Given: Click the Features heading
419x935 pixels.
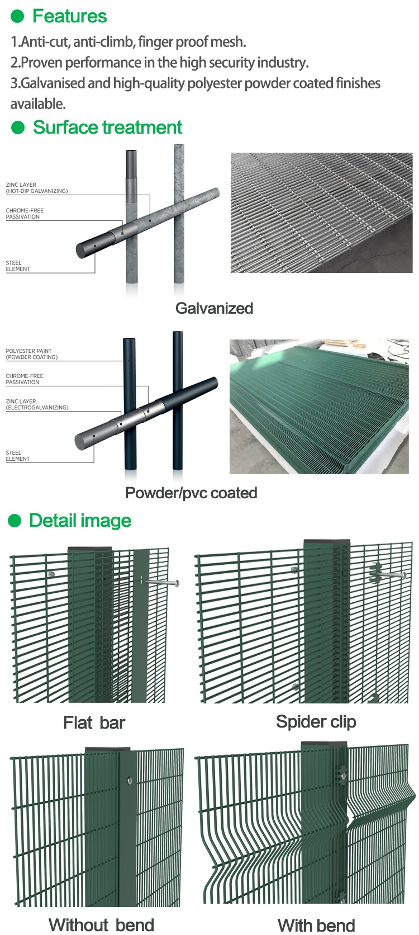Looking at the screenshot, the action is tap(70, 16).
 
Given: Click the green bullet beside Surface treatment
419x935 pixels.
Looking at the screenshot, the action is tap(18, 127).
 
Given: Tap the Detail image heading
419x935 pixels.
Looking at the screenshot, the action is tap(80, 521).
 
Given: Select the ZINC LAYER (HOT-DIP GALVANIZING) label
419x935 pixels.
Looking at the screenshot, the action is tap(37, 188).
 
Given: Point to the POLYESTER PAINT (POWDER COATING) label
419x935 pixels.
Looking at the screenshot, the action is tap(32, 354).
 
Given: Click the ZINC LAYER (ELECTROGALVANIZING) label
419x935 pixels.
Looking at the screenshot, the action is tap(37, 404).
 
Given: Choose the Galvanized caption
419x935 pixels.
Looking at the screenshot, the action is tap(215, 308).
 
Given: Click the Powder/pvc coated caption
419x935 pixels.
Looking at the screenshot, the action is tap(191, 493).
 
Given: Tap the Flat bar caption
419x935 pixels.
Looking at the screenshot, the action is tap(94, 722).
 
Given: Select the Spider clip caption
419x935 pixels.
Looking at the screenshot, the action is tap(316, 722).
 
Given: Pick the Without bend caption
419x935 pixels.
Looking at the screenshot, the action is tap(101, 925).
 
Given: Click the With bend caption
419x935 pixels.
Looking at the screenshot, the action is tap(316, 925).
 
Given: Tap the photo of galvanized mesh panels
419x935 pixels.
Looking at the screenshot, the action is tap(321, 212).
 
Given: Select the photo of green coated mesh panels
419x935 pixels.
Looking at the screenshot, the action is tap(319, 406).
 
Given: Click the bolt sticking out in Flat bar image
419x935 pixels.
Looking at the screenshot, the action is tap(160, 582).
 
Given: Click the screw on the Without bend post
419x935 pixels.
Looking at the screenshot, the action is tap(130, 780).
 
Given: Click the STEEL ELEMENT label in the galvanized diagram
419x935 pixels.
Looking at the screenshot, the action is tap(17, 266).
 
